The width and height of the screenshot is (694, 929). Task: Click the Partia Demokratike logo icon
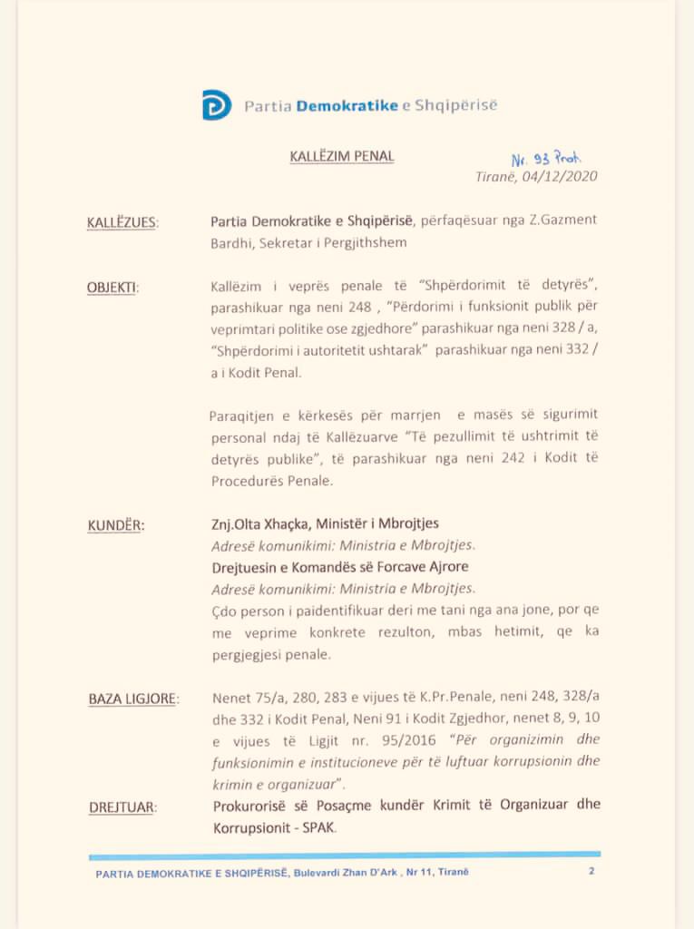(x=216, y=105)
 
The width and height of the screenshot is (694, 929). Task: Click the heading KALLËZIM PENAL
(x=342, y=156)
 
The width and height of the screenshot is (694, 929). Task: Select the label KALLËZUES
(x=122, y=222)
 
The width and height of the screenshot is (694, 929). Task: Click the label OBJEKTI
(x=112, y=288)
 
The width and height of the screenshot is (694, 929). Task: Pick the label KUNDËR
(x=116, y=525)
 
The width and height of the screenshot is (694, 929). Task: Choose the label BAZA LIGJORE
(x=133, y=699)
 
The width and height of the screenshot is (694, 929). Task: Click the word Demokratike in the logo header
(x=347, y=105)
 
